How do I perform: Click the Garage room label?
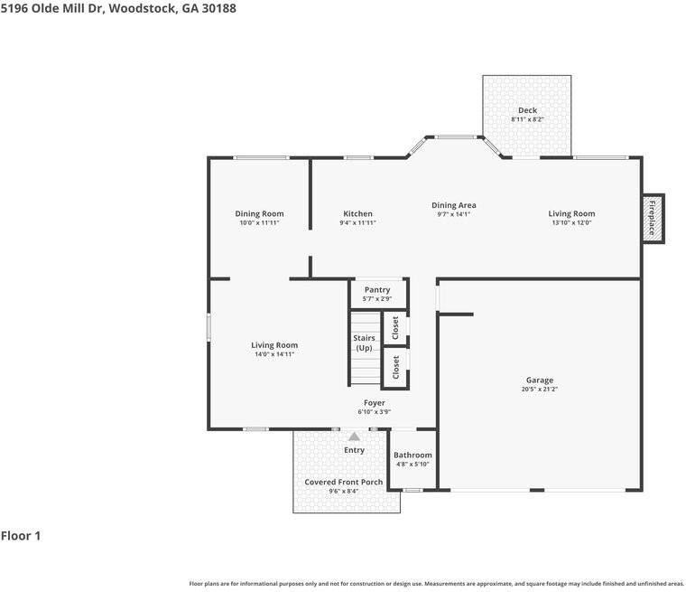540,381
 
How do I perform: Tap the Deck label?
527,110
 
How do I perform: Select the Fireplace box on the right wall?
653,218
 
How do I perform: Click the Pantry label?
377,289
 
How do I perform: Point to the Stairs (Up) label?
364,343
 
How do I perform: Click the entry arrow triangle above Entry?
355,437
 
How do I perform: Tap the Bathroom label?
413,455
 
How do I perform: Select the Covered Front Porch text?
343,482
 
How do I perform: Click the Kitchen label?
357,214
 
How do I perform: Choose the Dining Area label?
453,205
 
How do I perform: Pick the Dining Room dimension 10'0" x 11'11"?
259,223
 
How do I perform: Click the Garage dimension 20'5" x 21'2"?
540,390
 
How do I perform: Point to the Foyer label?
374,403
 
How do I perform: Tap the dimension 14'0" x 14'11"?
274,354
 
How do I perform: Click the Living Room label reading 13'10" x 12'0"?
571,223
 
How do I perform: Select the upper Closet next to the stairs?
395,327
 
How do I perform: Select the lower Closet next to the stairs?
395,366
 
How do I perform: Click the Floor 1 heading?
21,536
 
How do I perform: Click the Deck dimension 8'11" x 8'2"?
527,119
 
